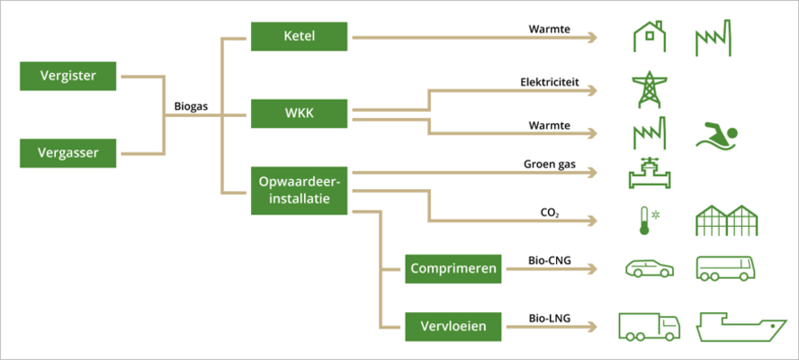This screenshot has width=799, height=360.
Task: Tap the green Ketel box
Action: point(299,38)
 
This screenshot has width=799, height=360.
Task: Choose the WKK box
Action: point(299,114)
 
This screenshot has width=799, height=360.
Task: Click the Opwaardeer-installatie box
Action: point(299,191)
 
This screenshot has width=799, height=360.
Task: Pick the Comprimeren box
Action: point(453,268)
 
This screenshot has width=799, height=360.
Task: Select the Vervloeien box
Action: point(453,325)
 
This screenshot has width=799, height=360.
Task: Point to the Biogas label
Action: point(191,106)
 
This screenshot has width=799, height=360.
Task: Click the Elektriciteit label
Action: point(548,82)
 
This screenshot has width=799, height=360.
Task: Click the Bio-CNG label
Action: point(548,261)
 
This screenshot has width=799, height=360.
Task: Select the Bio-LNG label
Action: point(548,318)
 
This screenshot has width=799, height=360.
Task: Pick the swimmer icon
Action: point(717,135)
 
